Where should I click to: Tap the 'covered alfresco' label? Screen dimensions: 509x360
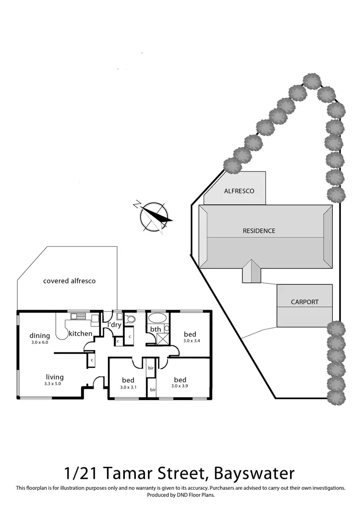69,280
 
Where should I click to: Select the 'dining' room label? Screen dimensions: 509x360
39,336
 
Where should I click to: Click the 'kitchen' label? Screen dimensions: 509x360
80,334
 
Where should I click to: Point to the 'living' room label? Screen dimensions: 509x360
55,377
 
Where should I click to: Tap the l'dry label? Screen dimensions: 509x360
115,325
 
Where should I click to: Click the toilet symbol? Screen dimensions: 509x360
130,318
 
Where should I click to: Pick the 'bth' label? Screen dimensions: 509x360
156,329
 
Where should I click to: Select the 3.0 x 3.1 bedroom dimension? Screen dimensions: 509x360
128,387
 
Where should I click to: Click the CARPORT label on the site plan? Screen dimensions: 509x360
304,302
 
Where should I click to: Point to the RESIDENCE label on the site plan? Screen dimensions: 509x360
259,230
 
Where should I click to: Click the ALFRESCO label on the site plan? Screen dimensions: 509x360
239,191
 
